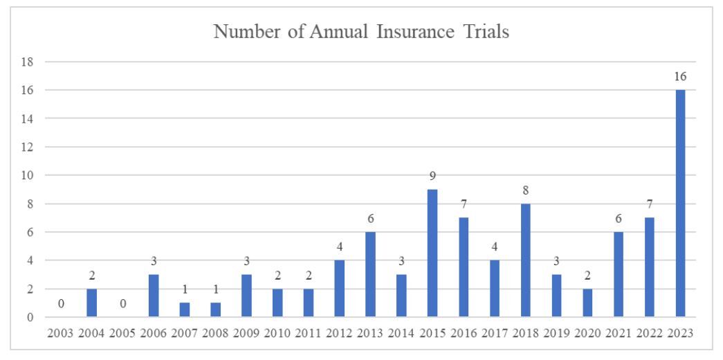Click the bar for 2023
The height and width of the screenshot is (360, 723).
pyautogui.click(x=680, y=204)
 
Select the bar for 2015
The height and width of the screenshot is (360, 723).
pyautogui.click(x=432, y=253)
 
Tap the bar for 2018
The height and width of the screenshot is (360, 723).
pyautogui.click(x=525, y=260)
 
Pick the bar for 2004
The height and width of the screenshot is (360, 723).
pyautogui.click(x=91, y=303)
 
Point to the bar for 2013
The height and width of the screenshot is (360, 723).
pyautogui.click(x=370, y=275)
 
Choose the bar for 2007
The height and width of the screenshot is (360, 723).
pyautogui.click(x=185, y=310)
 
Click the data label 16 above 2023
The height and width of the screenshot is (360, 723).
pyautogui.click(x=680, y=76)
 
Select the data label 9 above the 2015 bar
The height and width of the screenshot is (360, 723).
pyautogui.click(x=432, y=176)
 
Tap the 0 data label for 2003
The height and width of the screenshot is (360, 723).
pyautogui.click(x=61, y=303)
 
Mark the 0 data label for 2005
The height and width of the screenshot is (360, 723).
pyautogui.click(x=122, y=303)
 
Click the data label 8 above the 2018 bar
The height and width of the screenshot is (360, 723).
pyautogui.click(x=525, y=190)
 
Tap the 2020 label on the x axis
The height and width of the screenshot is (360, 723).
pyautogui.click(x=587, y=334)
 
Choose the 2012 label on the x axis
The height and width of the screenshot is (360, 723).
pyautogui.click(x=340, y=334)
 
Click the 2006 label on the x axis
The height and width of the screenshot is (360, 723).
pyautogui.click(x=154, y=334)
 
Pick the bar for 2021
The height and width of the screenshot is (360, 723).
pyautogui.click(x=619, y=275)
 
